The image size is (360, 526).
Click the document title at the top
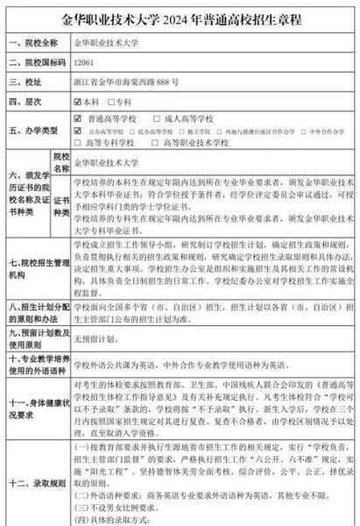point(180,16)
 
